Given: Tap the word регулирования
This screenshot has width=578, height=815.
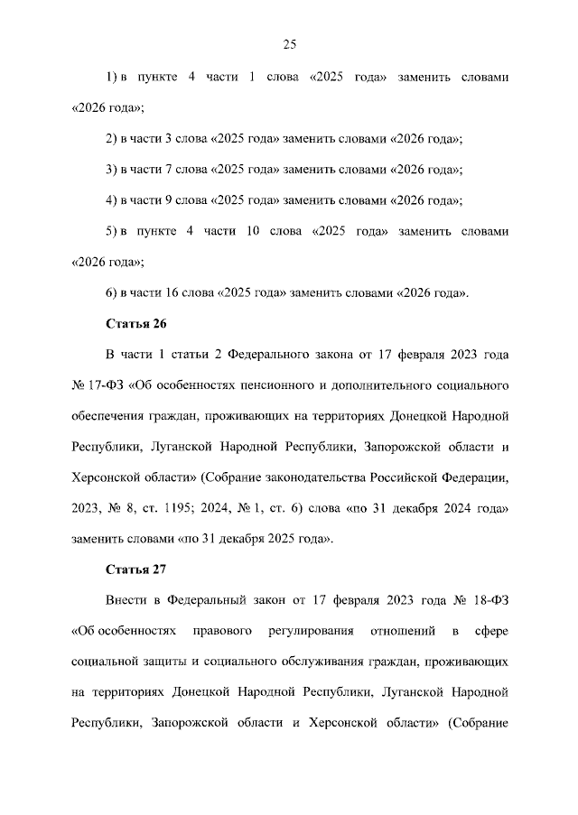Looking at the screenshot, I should pyautogui.click(x=301, y=631).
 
